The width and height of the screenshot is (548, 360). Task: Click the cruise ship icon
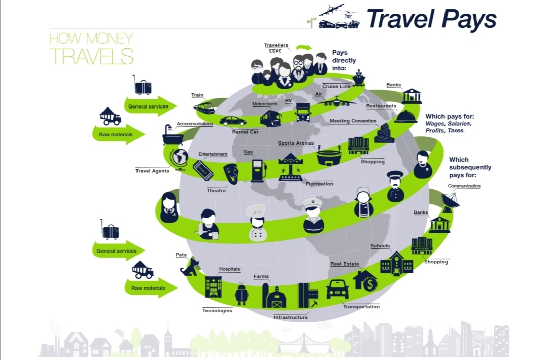tap(359, 78)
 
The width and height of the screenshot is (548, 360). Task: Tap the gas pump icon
tap(258, 170)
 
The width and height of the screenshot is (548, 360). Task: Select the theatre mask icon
tap(231, 173)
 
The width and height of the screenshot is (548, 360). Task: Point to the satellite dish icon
tap(450, 201)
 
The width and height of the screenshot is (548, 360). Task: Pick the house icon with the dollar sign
tap(365, 280)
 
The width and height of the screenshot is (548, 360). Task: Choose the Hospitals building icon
tap(213, 286)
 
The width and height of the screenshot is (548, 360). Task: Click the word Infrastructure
tap(291, 317)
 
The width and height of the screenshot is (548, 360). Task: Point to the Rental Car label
tap(246, 132)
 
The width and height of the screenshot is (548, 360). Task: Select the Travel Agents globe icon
tap(179, 159)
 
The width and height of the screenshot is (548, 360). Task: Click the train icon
tap(203, 108)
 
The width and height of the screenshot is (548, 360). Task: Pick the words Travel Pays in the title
tap(431, 19)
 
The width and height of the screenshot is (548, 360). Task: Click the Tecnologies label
tap(217, 310)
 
